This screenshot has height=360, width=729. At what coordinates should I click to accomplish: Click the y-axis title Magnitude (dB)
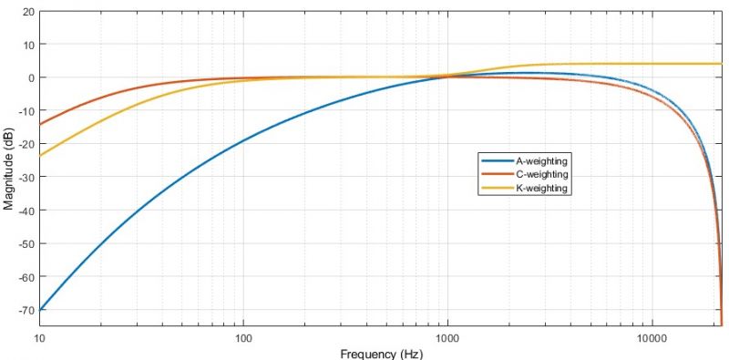tap(8, 168)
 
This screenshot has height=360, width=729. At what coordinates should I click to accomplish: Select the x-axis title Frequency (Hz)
tap(381, 354)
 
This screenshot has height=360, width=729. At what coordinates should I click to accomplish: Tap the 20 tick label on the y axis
tap(28, 12)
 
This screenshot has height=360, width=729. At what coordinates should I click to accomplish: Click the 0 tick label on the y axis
tap(31, 77)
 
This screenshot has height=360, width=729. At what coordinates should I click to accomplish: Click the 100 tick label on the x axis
tap(243, 338)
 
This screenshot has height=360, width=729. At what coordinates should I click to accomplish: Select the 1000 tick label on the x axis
tap(447, 338)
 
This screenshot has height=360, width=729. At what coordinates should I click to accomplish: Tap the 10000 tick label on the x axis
tap(651, 338)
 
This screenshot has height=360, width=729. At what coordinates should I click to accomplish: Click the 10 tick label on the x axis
tap(40, 338)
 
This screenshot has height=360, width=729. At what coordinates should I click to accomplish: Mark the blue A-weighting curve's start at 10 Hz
tap(40, 311)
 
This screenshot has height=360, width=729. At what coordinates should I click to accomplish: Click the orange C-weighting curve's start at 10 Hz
tap(40, 124)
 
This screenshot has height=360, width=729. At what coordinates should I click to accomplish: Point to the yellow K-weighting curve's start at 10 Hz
tap(40, 155)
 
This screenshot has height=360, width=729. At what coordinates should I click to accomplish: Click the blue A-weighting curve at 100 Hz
tap(243, 141)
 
